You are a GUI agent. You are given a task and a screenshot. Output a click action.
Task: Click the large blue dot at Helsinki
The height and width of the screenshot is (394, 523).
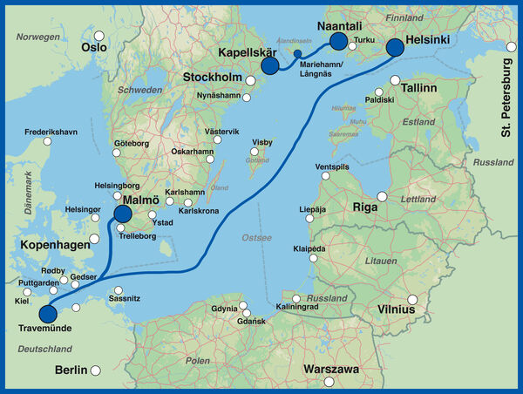(395, 47)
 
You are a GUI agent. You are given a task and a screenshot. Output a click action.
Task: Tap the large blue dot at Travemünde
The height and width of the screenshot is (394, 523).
(48, 314)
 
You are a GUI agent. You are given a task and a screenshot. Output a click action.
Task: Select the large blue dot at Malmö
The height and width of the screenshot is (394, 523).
(122, 214)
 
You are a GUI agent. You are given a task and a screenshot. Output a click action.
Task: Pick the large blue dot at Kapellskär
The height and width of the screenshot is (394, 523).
(269, 65)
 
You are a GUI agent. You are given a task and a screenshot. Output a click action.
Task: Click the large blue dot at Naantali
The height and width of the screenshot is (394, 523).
(338, 41)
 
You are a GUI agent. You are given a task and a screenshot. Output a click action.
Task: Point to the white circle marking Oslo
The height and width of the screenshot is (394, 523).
(99, 37)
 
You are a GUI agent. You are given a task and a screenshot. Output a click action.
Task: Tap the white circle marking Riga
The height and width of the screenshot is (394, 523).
(381, 196)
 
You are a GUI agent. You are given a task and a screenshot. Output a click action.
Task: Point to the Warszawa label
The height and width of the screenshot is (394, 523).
(331, 370)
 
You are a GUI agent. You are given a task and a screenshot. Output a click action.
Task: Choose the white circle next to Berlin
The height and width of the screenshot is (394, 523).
(97, 370)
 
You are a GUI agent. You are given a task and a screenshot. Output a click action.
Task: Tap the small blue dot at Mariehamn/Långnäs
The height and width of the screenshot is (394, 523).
(298, 54)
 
